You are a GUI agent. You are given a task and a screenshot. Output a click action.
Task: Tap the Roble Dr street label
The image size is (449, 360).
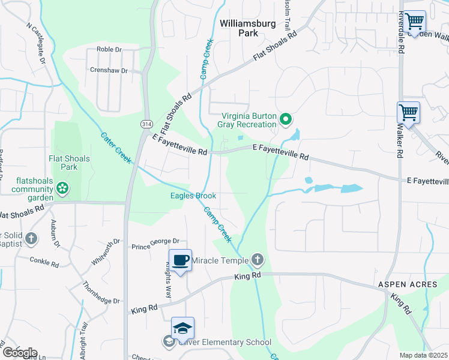coord(109,50)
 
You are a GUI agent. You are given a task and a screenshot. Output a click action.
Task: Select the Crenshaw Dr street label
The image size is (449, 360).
coord(109,71)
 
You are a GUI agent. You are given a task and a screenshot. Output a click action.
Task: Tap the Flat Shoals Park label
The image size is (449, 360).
coord(69,163)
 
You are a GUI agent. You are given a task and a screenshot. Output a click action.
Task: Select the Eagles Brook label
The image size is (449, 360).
coord(193,196)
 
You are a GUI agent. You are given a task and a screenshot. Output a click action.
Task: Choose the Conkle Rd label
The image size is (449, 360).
coord(45,262)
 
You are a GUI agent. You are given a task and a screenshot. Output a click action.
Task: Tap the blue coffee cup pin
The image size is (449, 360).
coord(180,260)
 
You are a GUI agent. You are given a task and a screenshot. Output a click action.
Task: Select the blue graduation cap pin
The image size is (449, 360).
coord(182,328)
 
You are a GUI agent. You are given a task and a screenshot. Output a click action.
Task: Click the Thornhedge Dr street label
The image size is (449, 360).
coord(101,293)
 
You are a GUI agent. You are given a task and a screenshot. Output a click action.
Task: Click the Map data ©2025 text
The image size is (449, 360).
coord(423,355)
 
